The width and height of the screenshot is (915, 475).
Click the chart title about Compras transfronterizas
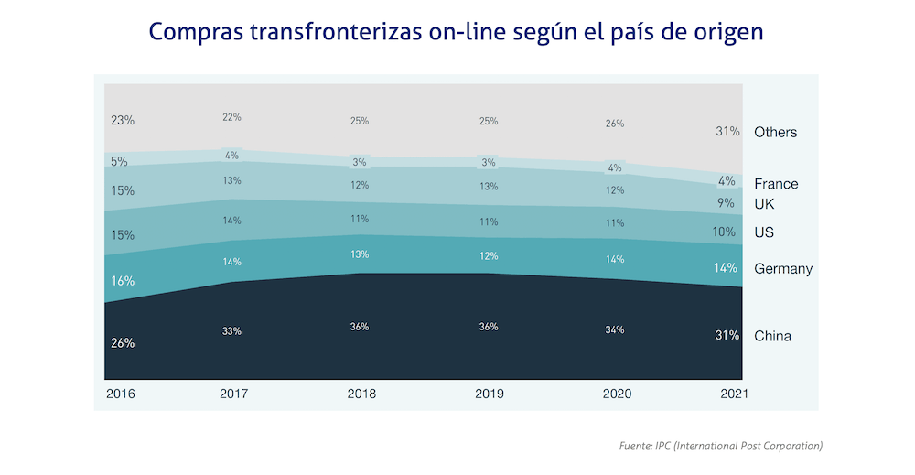click(x=456, y=33)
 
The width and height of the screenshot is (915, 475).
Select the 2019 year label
click(x=489, y=394)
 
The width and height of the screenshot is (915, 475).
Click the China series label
click(x=772, y=336)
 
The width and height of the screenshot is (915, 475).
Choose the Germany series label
click(x=783, y=269)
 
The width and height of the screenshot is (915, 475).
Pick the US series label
click(x=764, y=232)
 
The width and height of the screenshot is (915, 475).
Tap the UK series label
click(x=764, y=204)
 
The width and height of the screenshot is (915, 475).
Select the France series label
click(x=776, y=184)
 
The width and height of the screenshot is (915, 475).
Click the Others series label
click(x=775, y=133)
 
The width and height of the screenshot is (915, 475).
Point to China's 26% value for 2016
click(x=123, y=343)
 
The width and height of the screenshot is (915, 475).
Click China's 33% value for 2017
click(x=231, y=331)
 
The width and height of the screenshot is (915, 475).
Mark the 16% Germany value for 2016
click(x=123, y=282)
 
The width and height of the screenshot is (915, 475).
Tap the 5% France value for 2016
click(x=119, y=162)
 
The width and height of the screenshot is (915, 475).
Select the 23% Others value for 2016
click(x=123, y=120)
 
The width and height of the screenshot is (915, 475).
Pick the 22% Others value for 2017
click(x=231, y=117)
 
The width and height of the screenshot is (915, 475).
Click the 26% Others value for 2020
click(x=615, y=124)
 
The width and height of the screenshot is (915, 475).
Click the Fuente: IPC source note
click(x=721, y=446)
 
